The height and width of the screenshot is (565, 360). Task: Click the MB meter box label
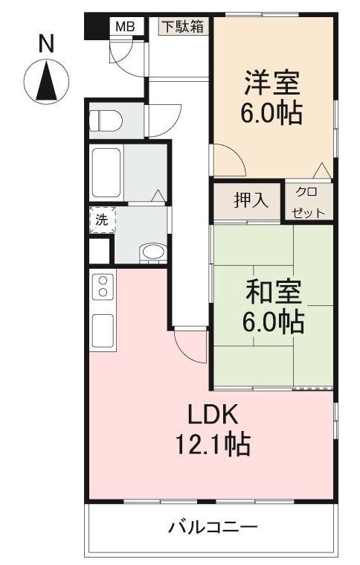coord(123,27)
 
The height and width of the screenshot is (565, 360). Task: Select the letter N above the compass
coord(46,44)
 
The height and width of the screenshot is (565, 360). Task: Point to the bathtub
coord(106,170)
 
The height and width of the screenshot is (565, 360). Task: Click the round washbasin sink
coord(153,252)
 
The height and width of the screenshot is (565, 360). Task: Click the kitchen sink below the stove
coord(102,328)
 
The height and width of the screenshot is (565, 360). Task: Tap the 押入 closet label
coord(247,201)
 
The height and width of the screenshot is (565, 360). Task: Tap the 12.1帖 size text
coord(212,444)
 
